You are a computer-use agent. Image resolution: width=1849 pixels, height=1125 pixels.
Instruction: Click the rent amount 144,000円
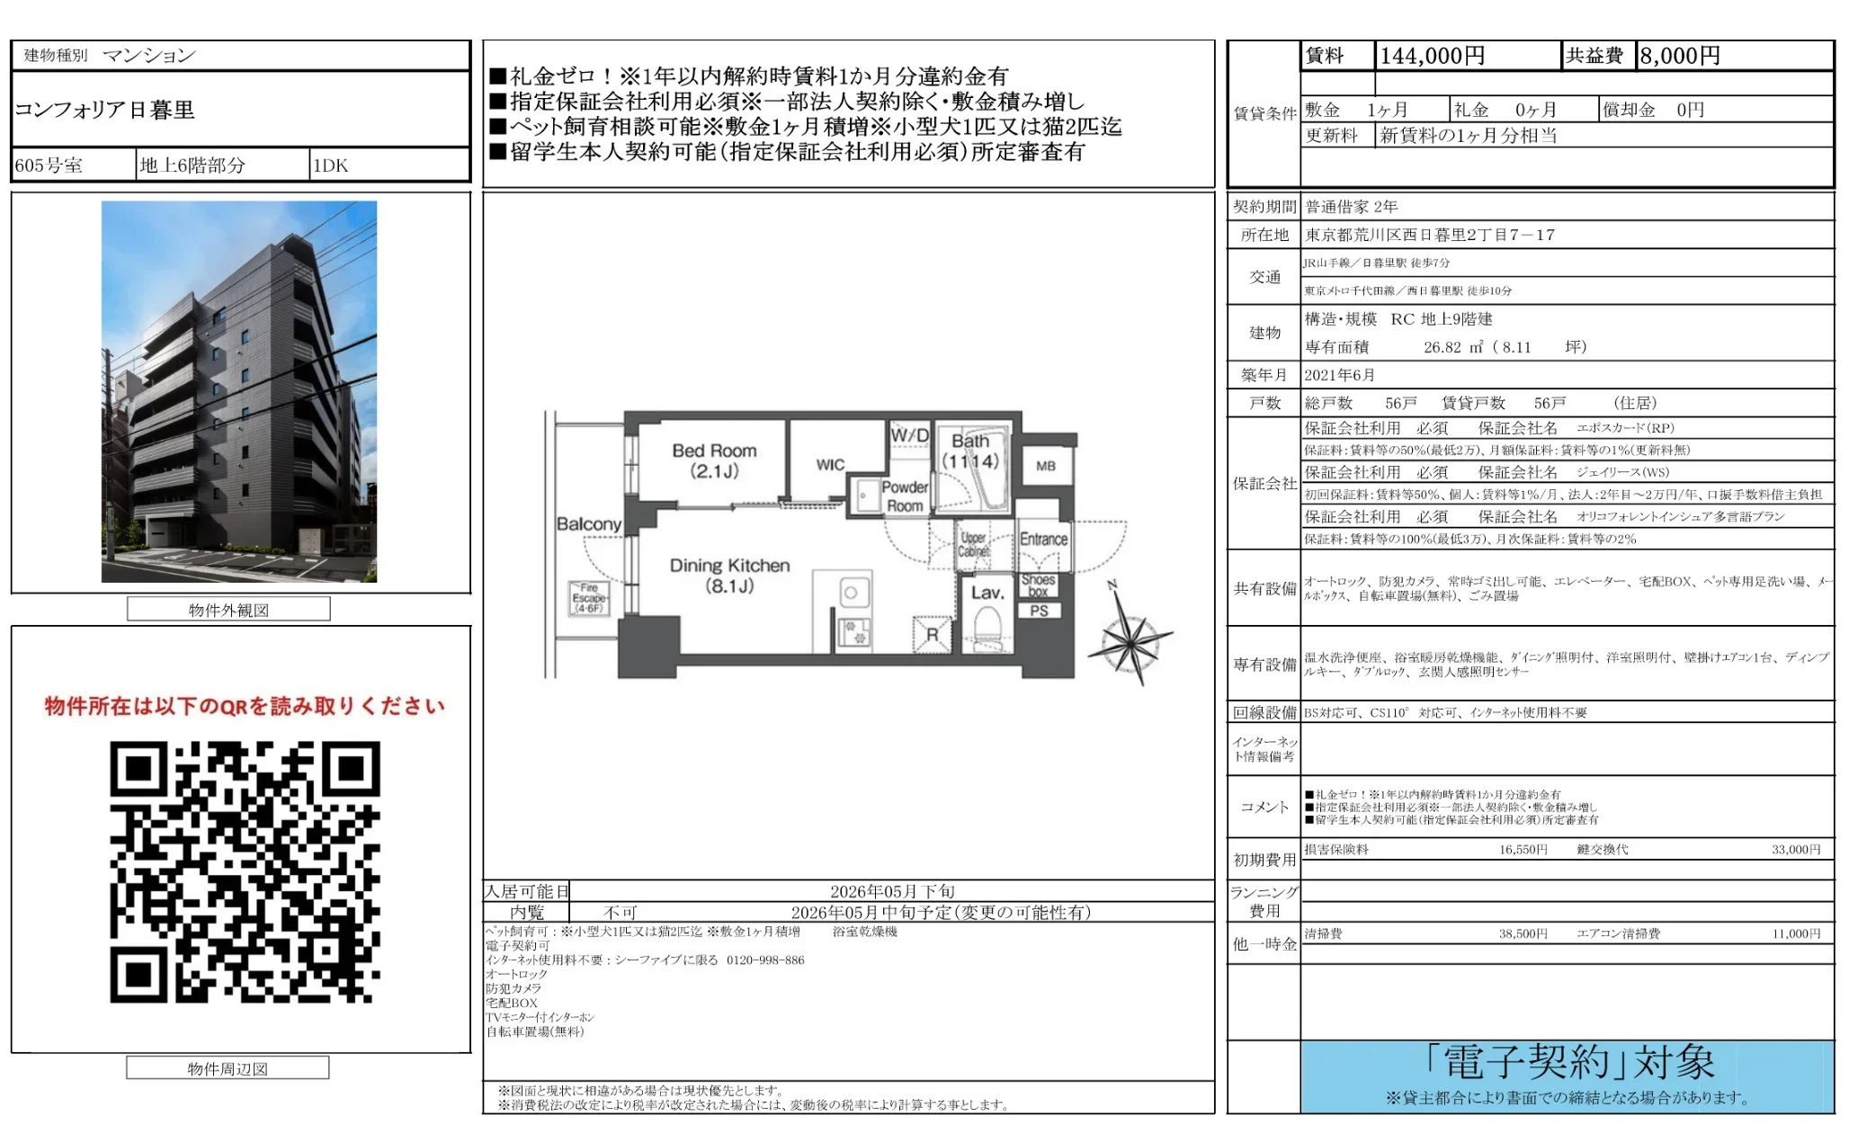coord(1432,56)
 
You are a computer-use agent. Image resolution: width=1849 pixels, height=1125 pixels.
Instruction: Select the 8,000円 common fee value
coord(1680,56)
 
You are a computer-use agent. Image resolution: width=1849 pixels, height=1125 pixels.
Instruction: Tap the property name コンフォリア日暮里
coord(105,110)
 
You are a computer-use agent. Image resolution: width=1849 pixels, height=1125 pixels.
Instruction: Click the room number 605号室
coord(49,165)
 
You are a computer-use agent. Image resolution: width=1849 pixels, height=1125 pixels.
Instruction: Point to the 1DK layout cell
coord(330,165)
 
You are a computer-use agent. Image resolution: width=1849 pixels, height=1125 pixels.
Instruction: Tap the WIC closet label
coord(830,465)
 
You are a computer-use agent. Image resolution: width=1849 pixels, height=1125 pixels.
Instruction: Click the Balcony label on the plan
coord(588,523)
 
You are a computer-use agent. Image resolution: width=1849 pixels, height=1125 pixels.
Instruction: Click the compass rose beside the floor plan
coord(1130,640)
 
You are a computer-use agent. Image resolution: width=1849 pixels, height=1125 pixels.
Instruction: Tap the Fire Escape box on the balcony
coord(589,598)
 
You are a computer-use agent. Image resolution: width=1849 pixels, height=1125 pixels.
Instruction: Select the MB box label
coord(1045,466)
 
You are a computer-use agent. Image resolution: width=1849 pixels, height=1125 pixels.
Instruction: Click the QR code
coord(245,871)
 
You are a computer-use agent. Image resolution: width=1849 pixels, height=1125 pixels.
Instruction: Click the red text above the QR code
coord(245,706)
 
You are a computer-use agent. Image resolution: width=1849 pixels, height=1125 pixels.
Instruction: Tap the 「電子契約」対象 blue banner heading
coord(1568,1063)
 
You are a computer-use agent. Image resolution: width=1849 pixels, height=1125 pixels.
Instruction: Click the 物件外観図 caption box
coord(228,610)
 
